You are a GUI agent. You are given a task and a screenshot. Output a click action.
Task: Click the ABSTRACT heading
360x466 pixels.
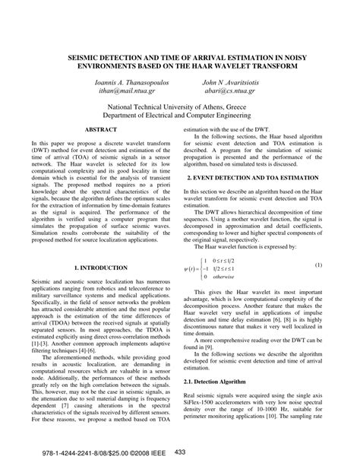click(100, 131)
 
